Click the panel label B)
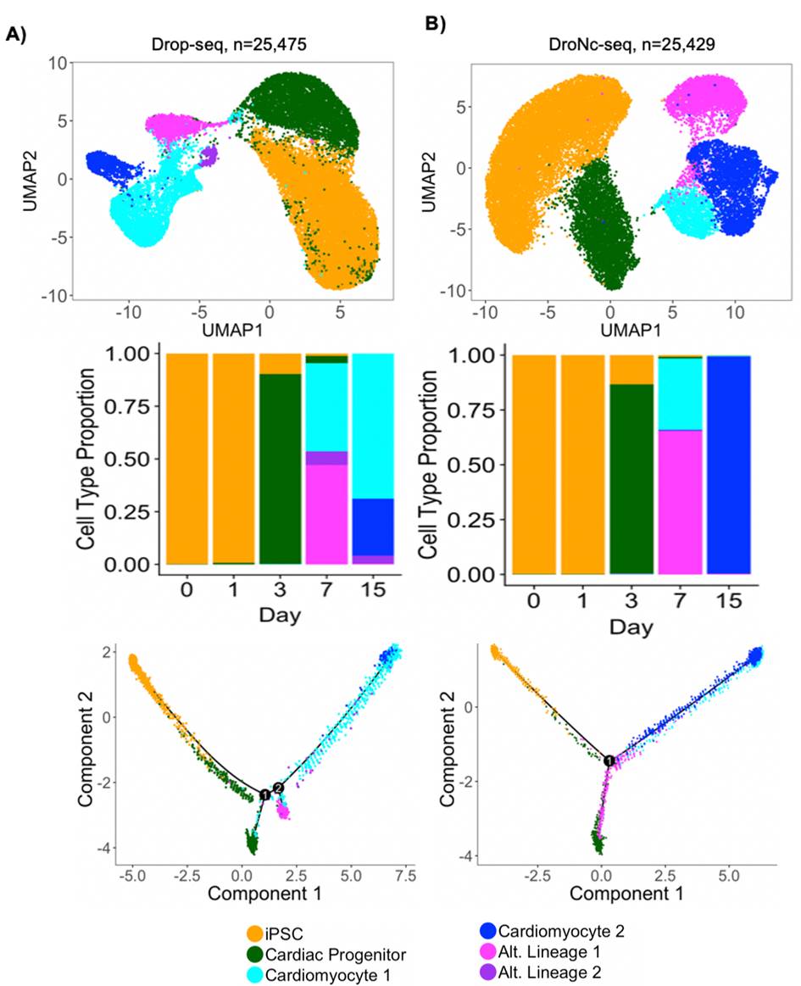click(438, 25)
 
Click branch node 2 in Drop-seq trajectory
click(279, 788)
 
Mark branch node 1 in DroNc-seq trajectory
click(609, 760)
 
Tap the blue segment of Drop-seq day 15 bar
click(373, 526)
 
